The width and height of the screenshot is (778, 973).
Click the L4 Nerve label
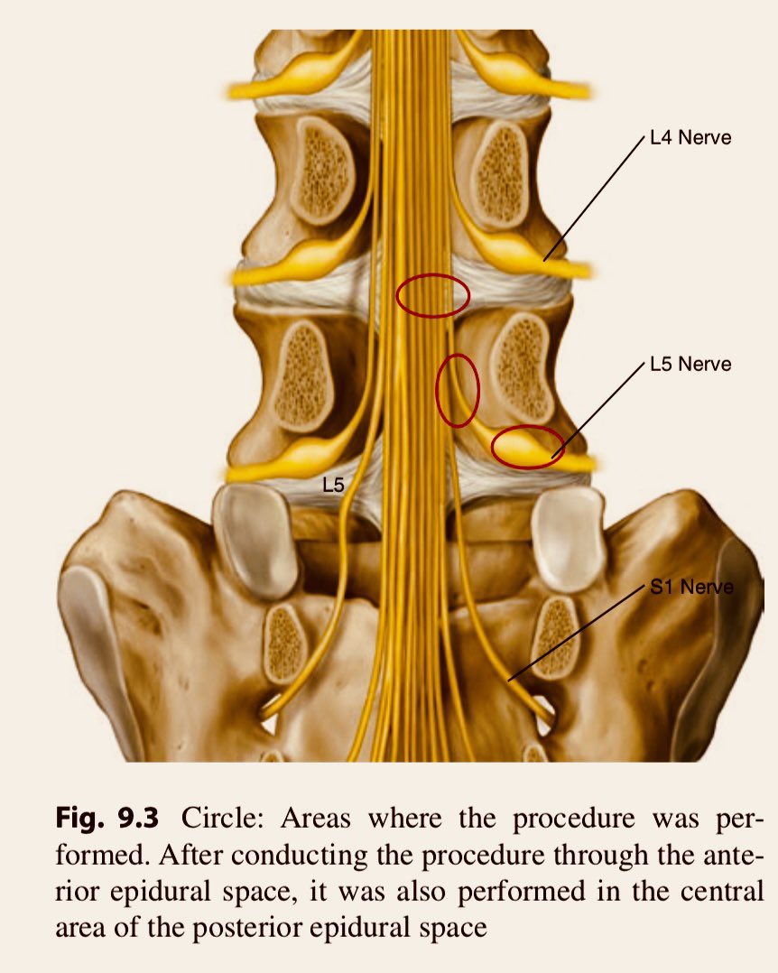tap(690, 137)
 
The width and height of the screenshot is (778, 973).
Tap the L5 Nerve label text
tap(690, 364)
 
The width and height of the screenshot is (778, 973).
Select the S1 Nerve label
tap(691, 587)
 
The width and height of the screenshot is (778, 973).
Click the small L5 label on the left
tap(333, 485)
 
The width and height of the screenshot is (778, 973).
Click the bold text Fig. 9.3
tap(107, 818)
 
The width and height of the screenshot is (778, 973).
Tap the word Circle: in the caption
tap(223, 818)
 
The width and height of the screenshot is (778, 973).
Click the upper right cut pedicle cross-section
tap(501, 174)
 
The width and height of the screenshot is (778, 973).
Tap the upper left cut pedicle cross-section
tap(322, 169)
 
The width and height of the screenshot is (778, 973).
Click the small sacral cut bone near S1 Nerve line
tap(555, 637)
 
